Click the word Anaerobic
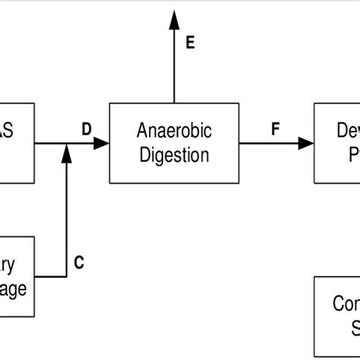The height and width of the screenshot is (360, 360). tap(174, 131)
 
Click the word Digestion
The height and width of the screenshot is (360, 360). tap(174, 156)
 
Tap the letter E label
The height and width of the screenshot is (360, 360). tap(190, 43)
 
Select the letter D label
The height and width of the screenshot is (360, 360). tap(87, 129)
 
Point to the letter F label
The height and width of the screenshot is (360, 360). tap(275, 129)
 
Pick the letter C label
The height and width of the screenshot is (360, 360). tap(79, 264)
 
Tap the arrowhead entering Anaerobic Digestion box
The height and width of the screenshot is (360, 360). tap(102, 143)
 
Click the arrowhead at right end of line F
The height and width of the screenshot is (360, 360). tap(306, 143)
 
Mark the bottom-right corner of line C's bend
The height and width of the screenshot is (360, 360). tap(67, 276)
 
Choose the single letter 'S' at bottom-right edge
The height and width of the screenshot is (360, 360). tap(355, 328)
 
